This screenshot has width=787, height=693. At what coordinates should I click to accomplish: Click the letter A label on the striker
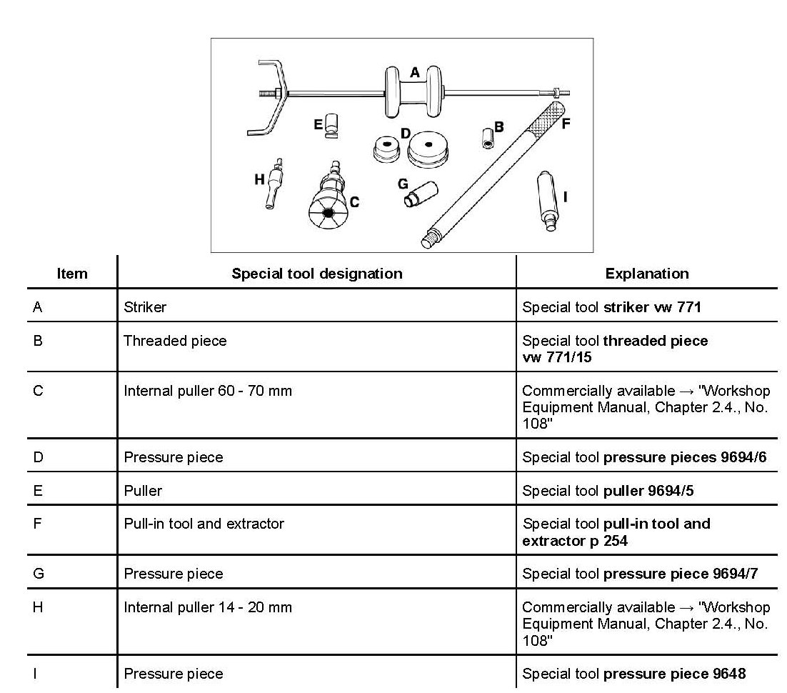coord(414,72)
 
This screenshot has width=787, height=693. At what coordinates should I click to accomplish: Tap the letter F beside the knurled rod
coord(566,124)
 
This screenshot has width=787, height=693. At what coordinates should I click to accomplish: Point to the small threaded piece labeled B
coord(488,137)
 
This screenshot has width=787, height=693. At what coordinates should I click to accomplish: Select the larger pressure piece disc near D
coord(428,149)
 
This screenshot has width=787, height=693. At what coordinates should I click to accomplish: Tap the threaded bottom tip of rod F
coord(429,239)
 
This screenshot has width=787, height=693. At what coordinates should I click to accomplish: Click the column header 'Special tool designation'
coord(316,274)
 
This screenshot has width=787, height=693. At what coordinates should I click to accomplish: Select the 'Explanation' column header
coord(646,274)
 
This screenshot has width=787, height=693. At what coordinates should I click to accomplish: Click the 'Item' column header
coord(71,274)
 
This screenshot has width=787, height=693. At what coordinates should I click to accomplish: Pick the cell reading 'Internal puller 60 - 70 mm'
coord(208,391)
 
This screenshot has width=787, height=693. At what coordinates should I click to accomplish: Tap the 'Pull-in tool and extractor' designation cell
coord(204,524)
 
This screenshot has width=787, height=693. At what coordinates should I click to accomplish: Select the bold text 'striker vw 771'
coord(652,307)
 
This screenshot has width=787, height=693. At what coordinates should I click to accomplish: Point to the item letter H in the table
coord(38,607)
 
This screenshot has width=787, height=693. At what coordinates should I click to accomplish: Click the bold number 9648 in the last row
coord(728,674)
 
